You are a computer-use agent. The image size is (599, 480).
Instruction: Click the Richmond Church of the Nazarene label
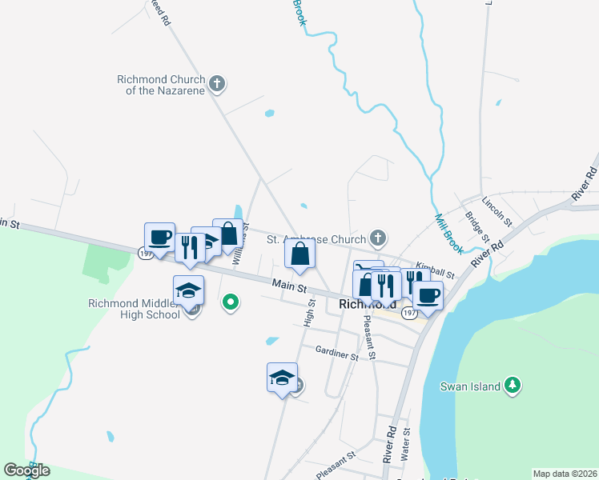pos(161,85)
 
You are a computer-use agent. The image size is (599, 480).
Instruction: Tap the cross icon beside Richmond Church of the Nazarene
pos(217,83)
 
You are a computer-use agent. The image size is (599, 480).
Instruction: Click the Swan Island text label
pos(471,386)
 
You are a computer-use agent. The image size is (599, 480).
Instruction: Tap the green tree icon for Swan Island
pos(513,386)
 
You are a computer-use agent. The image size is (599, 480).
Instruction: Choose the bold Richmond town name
pos(368,304)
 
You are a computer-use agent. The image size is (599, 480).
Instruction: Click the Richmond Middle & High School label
pos(134,309)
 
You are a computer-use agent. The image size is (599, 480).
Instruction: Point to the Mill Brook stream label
pos(448,233)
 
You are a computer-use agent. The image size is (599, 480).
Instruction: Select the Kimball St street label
pos(435,270)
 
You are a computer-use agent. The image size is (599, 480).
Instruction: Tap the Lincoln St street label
pos(497,210)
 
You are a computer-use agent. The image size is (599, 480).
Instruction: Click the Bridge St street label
pos(477,227)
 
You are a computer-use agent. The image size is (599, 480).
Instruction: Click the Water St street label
pos(407,442)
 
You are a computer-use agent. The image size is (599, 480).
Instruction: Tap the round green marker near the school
pos(231,302)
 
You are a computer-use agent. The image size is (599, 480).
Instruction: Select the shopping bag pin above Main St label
pos(299,254)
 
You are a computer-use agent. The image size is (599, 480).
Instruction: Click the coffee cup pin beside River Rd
pos(427,294)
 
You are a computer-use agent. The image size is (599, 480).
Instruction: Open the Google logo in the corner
pos(27,470)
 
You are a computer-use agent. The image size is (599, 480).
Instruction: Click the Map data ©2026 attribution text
pos(565,473)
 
